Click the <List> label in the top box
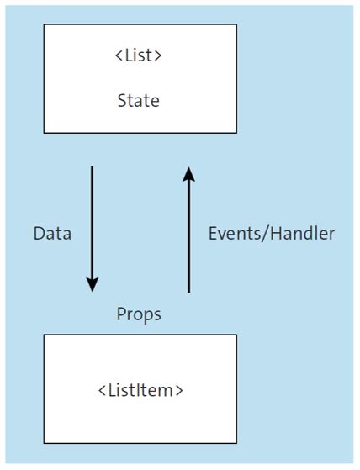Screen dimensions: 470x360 point(139,57)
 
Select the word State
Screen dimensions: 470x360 point(139,101)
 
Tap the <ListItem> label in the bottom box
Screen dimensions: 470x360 point(140,390)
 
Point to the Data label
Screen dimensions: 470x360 point(52,234)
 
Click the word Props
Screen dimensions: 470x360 point(139,314)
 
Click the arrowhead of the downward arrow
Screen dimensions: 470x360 point(93,284)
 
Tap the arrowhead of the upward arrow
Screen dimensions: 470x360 point(188,175)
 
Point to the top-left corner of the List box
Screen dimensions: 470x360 point(45,24)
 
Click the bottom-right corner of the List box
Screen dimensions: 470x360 point(236,133)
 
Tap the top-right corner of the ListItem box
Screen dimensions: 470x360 point(236,335)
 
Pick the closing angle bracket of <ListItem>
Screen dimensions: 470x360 point(179,391)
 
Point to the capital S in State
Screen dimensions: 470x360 point(122,101)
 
